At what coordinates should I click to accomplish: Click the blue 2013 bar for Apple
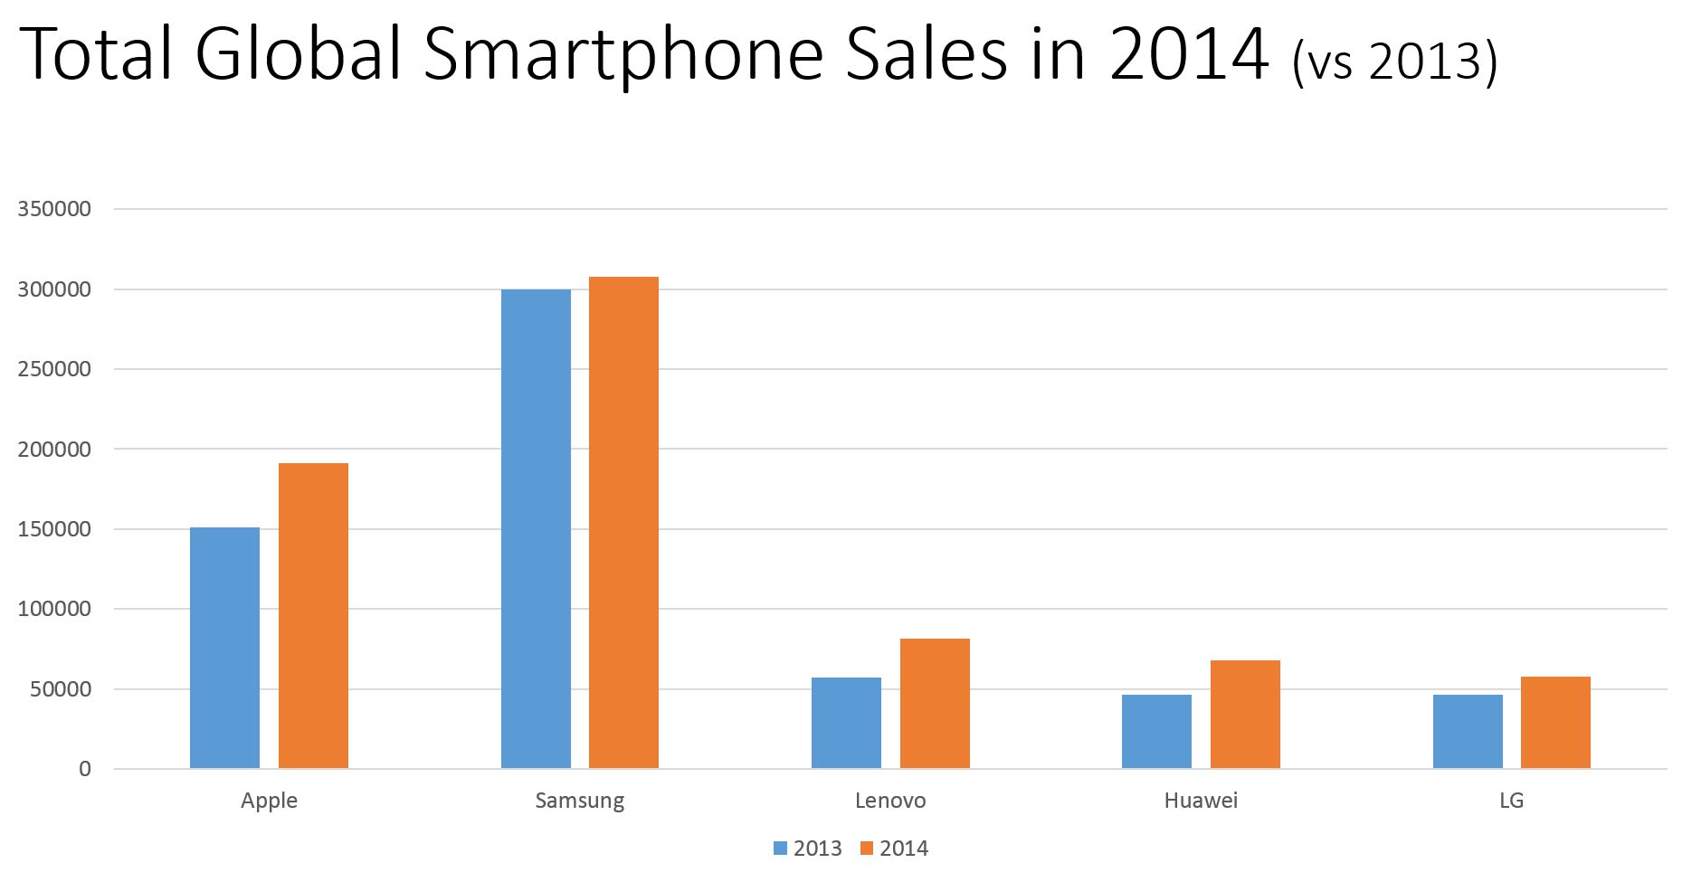pos(224,648)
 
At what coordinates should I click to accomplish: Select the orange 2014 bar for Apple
pos(313,616)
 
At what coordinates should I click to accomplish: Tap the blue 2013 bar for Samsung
pos(536,529)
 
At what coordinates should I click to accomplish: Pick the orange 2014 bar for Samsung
pos(623,523)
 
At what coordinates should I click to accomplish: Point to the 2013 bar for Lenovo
pos(846,723)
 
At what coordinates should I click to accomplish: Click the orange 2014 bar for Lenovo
pos(935,704)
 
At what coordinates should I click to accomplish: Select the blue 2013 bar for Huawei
pos(1156,732)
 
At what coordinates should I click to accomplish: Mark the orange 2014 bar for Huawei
pos(1245,715)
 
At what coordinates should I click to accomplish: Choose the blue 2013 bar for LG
pos(1468,732)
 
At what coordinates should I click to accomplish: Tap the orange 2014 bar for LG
pos(1555,723)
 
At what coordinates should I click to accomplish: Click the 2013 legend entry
pos(808,849)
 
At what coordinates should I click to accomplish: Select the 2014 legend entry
pos(894,849)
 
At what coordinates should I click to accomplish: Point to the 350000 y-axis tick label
pos(54,209)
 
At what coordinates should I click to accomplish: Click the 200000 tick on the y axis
pos(54,450)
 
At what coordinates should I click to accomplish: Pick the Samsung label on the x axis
pos(579,801)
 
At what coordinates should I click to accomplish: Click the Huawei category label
pos(1201,801)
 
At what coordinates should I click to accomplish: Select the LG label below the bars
pos(1511,801)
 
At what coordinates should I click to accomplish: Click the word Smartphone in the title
pos(623,56)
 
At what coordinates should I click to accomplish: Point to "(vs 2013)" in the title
pos(1394,62)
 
